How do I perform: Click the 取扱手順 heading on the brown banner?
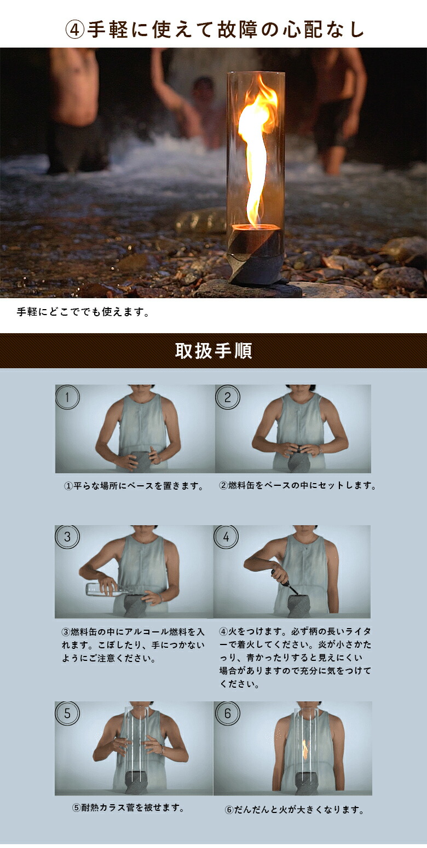pyautogui.click(x=214, y=351)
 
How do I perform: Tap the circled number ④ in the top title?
pyautogui.click(x=75, y=30)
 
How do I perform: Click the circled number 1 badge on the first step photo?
pyautogui.click(x=67, y=397)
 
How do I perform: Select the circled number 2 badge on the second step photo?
pyautogui.click(x=227, y=397)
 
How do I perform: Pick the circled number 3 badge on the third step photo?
pyautogui.click(x=67, y=537)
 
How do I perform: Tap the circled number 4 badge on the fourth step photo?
pyautogui.click(x=226, y=537)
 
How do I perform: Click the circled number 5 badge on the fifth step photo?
pyautogui.click(x=67, y=713)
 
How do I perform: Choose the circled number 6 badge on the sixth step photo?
pyautogui.click(x=227, y=713)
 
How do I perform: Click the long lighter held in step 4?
pyautogui.click(x=284, y=583)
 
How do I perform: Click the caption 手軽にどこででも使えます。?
pyautogui.click(x=83, y=312)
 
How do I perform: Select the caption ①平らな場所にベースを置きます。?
pyautogui.click(x=134, y=486)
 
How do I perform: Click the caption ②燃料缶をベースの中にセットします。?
pyautogui.click(x=298, y=485)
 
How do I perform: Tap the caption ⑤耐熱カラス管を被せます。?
pyautogui.click(x=129, y=808)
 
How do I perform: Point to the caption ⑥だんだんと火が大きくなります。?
pyautogui.click(x=295, y=809)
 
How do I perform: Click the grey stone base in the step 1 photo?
pyautogui.click(x=140, y=462)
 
